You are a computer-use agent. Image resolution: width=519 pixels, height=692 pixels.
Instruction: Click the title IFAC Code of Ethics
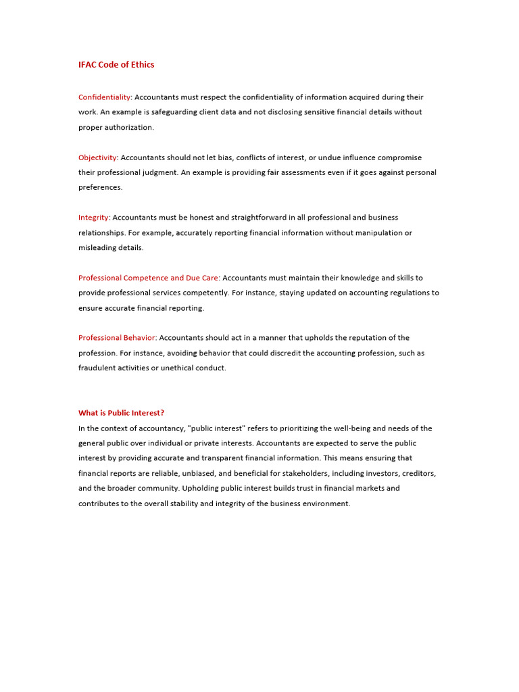(x=116, y=65)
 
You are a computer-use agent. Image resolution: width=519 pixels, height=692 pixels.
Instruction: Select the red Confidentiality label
(x=104, y=97)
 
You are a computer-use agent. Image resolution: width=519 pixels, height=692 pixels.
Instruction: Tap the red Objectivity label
(x=97, y=157)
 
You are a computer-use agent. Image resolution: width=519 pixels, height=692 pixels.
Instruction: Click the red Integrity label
(x=93, y=218)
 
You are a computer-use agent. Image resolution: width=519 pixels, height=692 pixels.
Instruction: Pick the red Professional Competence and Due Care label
(x=148, y=278)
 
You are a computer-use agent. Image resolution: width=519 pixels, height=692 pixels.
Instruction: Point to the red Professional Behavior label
(x=117, y=338)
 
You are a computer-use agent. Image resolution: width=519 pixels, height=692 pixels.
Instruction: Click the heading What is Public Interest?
(x=121, y=413)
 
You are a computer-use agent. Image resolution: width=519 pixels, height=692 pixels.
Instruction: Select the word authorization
(x=130, y=127)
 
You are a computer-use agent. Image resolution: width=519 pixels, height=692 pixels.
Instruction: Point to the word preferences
(x=100, y=187)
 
